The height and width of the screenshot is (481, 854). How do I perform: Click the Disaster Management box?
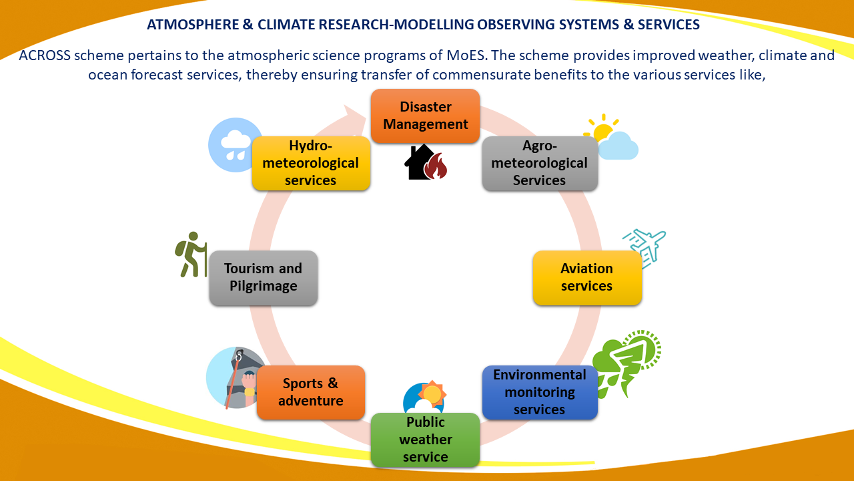(425, 116)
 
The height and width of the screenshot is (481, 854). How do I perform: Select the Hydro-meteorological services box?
(311, 163)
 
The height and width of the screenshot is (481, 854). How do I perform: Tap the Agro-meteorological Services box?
(540, 163)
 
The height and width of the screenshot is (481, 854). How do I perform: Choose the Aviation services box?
(587, 277)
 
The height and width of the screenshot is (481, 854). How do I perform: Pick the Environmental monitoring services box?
(540, 392)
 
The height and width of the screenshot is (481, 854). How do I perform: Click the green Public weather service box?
(425, 440)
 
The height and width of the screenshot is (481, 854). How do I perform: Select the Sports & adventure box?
(311, 392)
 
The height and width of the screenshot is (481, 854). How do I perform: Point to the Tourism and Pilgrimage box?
(264, 277)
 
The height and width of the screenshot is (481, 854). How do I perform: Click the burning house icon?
(426, 162)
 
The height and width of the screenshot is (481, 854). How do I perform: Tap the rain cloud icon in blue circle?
(234, 145)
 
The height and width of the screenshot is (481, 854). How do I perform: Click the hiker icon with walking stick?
(191, 255)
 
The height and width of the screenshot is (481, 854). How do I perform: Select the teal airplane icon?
(645, 248)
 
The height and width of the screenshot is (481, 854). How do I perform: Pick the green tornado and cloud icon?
(626, 365)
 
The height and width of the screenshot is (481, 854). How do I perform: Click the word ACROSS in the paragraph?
(45, 55)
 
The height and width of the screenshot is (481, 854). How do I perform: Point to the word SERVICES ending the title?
(669, 25)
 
